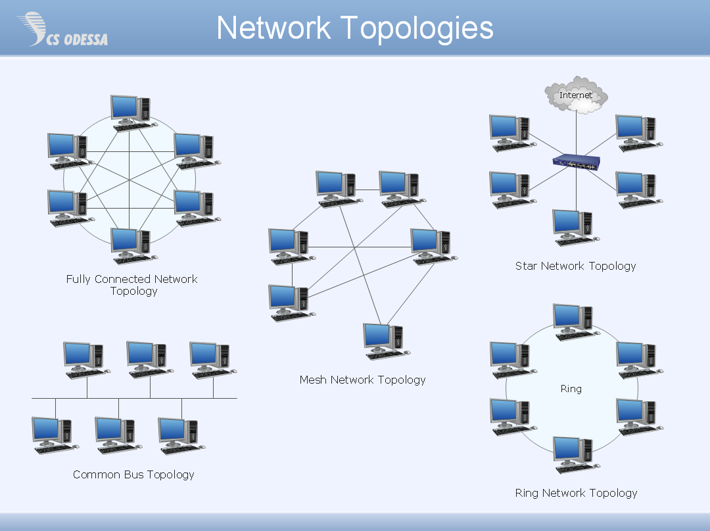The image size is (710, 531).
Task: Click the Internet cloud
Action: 576,95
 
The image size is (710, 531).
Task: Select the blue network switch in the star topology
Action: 577,162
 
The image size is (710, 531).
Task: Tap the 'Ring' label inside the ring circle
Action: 571,389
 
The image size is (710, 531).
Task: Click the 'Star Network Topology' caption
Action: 575,266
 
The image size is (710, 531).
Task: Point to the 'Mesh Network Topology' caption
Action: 362,380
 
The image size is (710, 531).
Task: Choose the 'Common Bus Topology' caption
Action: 133,474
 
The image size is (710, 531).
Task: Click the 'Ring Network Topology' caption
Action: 576,493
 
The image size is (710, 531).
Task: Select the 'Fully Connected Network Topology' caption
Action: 132,285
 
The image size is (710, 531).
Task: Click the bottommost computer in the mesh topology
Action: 385,340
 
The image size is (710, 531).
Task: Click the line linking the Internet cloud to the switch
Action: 577,135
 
